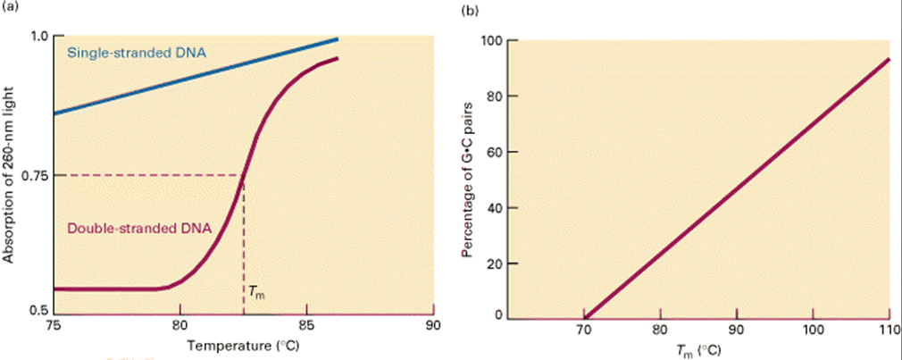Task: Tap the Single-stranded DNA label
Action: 137,53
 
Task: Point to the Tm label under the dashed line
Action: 256,292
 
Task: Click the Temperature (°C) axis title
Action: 249,344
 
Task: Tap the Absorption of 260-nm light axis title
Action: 11,174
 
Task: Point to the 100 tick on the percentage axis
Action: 489,41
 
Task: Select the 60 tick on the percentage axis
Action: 492,152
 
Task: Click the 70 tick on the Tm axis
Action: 584,331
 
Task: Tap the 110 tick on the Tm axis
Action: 889,331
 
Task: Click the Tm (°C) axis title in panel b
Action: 697,349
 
